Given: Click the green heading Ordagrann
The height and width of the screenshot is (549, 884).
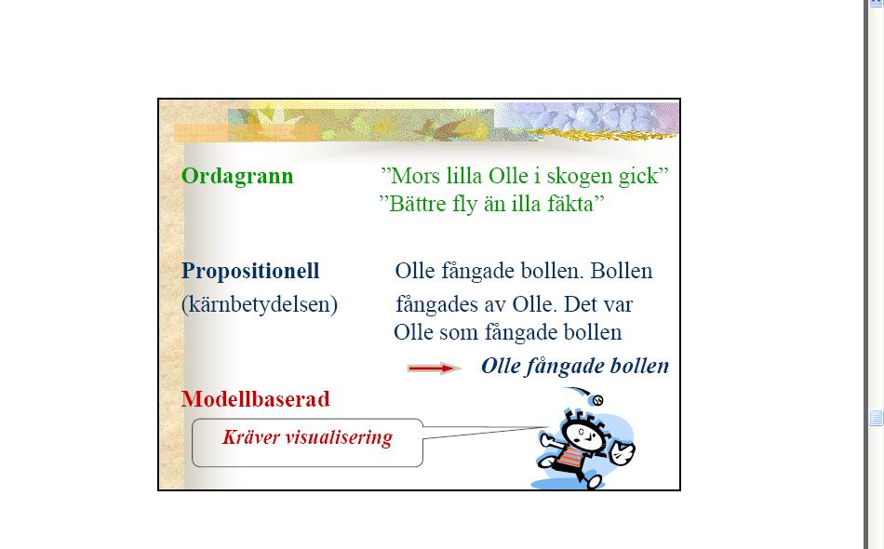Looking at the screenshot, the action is pyautogui.click(x=237, y=177).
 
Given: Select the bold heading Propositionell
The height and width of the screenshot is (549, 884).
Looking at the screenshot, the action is pyautogui.click(x=250, y=272).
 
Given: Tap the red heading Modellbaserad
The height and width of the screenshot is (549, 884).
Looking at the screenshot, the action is pyautogui.click(x=255, y=399).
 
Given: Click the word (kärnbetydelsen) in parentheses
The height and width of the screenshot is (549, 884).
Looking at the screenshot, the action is pyautogui.click(x=260, y=305).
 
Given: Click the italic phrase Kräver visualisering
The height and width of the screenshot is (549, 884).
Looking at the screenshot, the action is pyautogui.click(x=307, y=437).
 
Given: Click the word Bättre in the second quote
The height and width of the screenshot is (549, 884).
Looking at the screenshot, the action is pyautogui.click(x=419, y=204).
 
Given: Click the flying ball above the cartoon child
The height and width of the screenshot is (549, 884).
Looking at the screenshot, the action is pyautogui.click(x=596, y=399).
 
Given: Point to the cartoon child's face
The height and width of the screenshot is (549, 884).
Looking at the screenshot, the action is pyautogui.click(x=583, y=435).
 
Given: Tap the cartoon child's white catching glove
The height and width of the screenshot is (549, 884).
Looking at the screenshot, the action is pyautogui.click(x=622, y=452).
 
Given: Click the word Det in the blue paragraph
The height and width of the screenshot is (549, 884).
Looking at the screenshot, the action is pyautogui.click(x=580, y=304).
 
